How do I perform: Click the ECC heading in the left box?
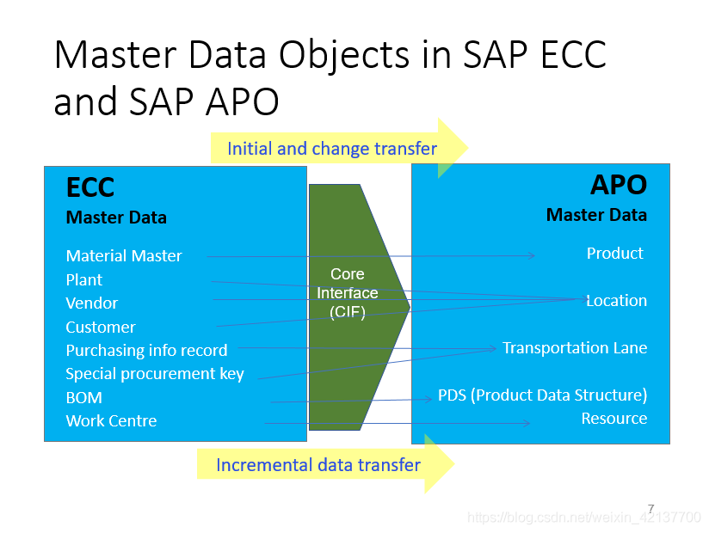90,187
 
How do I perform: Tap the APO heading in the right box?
618,185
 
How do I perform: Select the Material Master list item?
124,255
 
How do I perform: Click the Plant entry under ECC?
83,279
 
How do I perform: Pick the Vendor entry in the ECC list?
91,303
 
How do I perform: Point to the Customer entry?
101,327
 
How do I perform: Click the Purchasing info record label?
146,350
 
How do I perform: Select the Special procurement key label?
155,374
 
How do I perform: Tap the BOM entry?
83,397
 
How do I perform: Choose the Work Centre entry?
111,420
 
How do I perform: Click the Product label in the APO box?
614,253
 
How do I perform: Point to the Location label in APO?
616,300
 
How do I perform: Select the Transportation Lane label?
574,347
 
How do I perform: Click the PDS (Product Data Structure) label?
542,395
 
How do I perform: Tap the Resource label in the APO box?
613,418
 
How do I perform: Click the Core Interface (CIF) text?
347,293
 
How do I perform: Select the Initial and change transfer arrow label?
331,149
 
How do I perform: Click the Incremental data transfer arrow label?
318,465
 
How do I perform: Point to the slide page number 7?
650,508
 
